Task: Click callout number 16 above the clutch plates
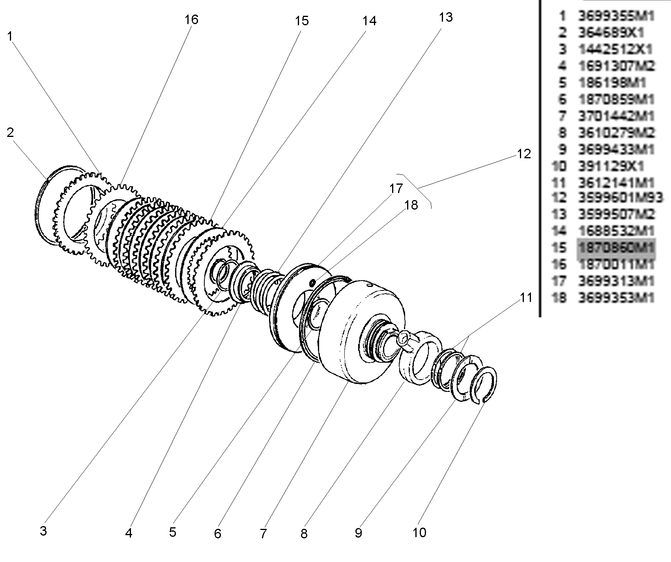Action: (x=191, y=19)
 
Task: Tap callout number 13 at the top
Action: (x=446, y=17)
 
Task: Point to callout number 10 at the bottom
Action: (x=419, y=532)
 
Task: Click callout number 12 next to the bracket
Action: (x=524, y=154)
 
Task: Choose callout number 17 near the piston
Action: (x=396, y=189)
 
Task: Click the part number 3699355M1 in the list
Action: (x=616, y=16)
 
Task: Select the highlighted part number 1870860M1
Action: (x=616, y=248)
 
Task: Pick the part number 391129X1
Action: (x=611, y=166)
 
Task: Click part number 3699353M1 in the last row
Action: (x=616, y=297)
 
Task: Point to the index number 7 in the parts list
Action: (x=562, y=116)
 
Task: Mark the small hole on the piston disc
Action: (x=312, y=283)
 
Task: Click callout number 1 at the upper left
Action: (x=10, y=36)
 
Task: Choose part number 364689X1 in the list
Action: (x=611, y=32)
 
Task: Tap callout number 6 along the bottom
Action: (x=217, y=534)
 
